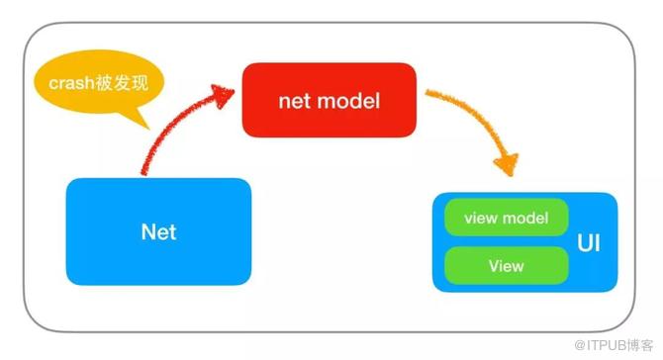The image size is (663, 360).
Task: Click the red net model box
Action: click(329, 100)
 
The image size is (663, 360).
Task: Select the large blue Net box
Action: click(158, 231)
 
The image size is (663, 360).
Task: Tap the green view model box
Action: click(506, 218)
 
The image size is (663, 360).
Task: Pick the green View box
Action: click(506, 266)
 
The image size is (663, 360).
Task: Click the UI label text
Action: click(589, 243)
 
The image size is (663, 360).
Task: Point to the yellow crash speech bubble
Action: click(99, 83)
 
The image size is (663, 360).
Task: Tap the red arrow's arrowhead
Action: click(223, 96)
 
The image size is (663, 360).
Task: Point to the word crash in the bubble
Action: click(71, 83)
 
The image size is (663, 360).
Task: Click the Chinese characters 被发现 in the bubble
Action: click(122, 83)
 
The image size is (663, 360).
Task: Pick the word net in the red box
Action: click(295, 102)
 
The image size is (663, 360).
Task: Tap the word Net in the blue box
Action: click(158, 232)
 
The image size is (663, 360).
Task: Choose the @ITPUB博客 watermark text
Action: click(614, 345)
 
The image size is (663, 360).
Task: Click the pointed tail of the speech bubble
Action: click(148, 129)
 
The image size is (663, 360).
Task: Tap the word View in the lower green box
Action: click(506, 266)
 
